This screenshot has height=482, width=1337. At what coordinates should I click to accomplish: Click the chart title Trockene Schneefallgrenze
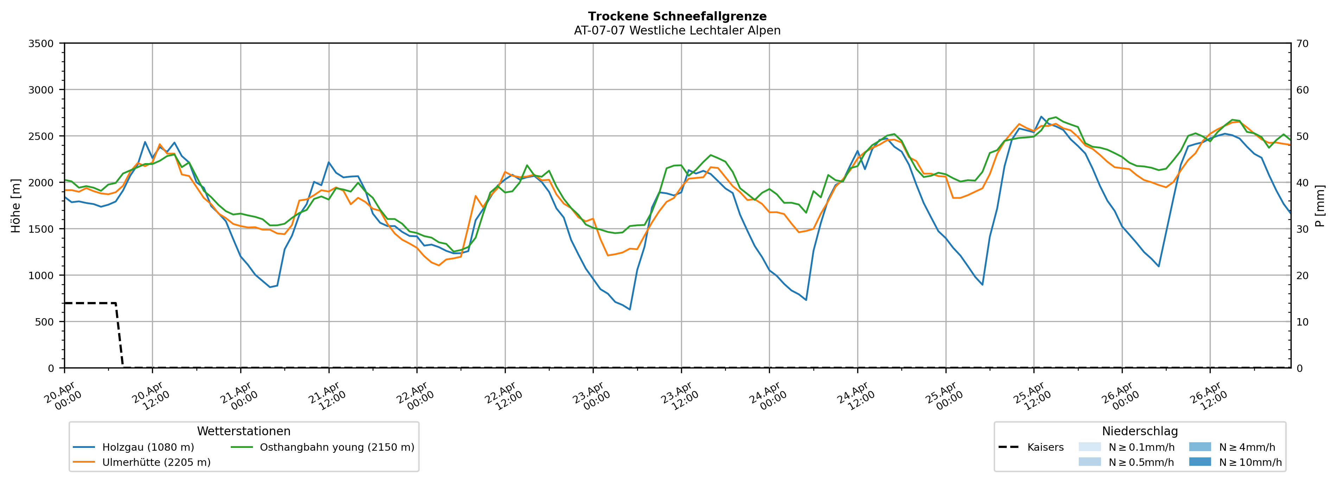677,17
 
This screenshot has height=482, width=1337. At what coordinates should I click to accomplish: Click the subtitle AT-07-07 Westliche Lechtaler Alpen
677,31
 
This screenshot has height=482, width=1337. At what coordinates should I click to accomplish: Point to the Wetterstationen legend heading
243,431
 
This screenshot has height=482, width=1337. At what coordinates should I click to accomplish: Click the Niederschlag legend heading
1140,431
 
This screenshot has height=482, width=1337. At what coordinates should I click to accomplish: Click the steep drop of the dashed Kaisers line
119,335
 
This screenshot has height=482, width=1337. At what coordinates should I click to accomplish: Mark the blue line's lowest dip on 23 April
630,309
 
